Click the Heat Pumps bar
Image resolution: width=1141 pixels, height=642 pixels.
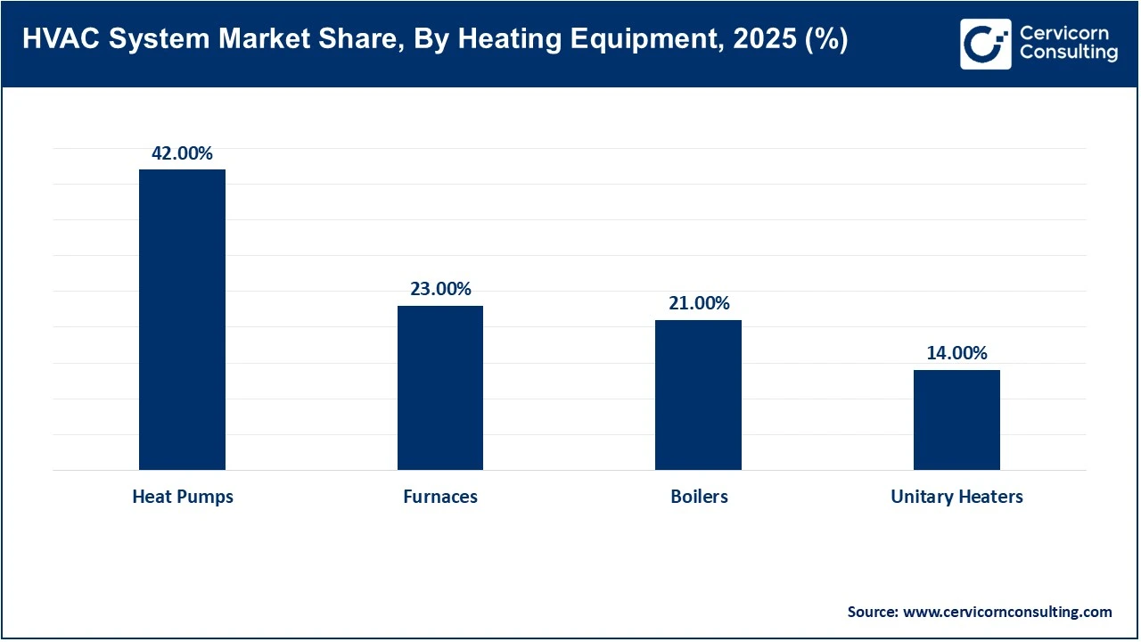point(182,319)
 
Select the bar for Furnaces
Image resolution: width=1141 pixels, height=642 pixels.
point(440,388)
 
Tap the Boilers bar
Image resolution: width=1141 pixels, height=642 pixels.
point(698,395)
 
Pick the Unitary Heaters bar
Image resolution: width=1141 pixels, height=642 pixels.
point(956,420)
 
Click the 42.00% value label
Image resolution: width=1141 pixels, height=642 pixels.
point(182,153)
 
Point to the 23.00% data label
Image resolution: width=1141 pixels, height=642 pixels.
point(440,289)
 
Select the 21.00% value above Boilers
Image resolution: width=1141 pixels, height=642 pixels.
point(699,303)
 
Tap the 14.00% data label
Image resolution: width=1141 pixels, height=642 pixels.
point(956,353)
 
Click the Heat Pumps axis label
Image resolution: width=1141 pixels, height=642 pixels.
point(183,497)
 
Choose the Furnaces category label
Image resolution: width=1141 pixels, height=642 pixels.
point(440,497)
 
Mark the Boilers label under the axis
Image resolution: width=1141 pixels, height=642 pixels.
point(699,497)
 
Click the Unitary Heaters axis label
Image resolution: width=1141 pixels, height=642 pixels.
point(956,497)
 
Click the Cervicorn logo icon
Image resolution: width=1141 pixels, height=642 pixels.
point(985,44)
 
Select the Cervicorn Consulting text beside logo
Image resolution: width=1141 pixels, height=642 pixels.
point(1068,44)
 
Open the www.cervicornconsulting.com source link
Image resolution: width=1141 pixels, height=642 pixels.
point(1007,612)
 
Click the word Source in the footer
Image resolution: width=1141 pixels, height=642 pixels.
point(872,612)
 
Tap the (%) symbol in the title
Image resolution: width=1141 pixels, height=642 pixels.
point(825,41)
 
